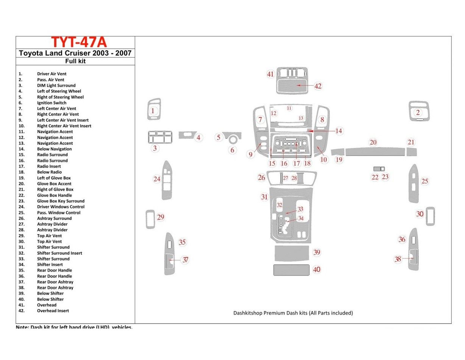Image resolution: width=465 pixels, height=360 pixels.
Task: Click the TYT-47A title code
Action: (x=79, y=42)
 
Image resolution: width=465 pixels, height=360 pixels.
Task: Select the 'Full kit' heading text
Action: (x=75, y=61)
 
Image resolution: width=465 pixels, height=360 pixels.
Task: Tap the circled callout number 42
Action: (x=318, y=86)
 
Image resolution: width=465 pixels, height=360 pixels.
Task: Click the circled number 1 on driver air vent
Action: (x=153, y=111)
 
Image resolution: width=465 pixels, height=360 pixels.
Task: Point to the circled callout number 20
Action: (x=373, y=142)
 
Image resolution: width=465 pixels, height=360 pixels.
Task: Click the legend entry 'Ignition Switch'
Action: (x=51, y=103)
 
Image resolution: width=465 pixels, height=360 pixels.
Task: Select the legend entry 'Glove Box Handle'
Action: (x=54, y=195)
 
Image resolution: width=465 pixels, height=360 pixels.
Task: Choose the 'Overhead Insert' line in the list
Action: (x=53, y=311)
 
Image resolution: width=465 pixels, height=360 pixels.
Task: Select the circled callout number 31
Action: (x=264, y=197)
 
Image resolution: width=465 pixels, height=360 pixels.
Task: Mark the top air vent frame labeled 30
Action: (x=431, y=216)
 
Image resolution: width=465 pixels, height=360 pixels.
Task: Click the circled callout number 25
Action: (x=425, y=181)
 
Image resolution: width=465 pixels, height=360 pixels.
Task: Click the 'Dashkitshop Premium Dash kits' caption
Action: (x=293, y=313)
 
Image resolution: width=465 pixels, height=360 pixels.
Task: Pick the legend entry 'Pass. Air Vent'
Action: (x=51, y=80)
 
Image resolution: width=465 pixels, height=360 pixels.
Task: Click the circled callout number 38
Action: (x=398, y=259)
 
